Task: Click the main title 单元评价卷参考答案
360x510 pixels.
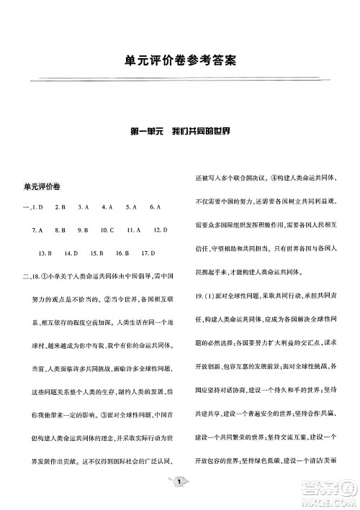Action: tap(179, 63)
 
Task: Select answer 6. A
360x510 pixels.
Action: tap(155, 207)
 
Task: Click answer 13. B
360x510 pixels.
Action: tap(45, 253)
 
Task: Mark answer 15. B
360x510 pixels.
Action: tap(96, 253)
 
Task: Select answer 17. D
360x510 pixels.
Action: tap(148, 253)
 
